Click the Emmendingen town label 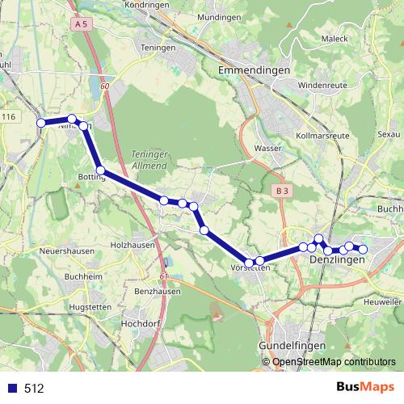(x=255, y=71)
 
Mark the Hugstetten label (x=91, y=308)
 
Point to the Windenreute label (x=322, y=84)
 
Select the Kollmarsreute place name (x=323, y=136)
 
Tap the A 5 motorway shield (x=79, y=25)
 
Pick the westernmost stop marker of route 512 (x=41, y=123)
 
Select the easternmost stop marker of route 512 (x=363, y=250)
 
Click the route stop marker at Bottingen (x=101, y=170)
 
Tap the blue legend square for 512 (x=12, y=388)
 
